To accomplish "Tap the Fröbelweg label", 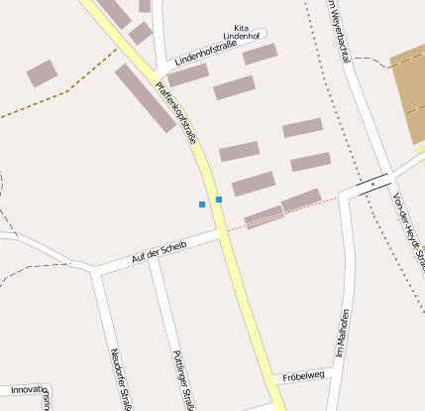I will point(303,376).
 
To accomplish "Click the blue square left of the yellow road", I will point(202,205).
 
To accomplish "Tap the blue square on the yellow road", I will point(219,200).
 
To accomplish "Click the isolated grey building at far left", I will point(42,72).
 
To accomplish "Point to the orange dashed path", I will point(50,99).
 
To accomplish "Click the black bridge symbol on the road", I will point(372,184).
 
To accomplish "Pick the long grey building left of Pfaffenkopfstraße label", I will point(146,98).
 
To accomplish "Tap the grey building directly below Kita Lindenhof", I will point(260,54).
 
